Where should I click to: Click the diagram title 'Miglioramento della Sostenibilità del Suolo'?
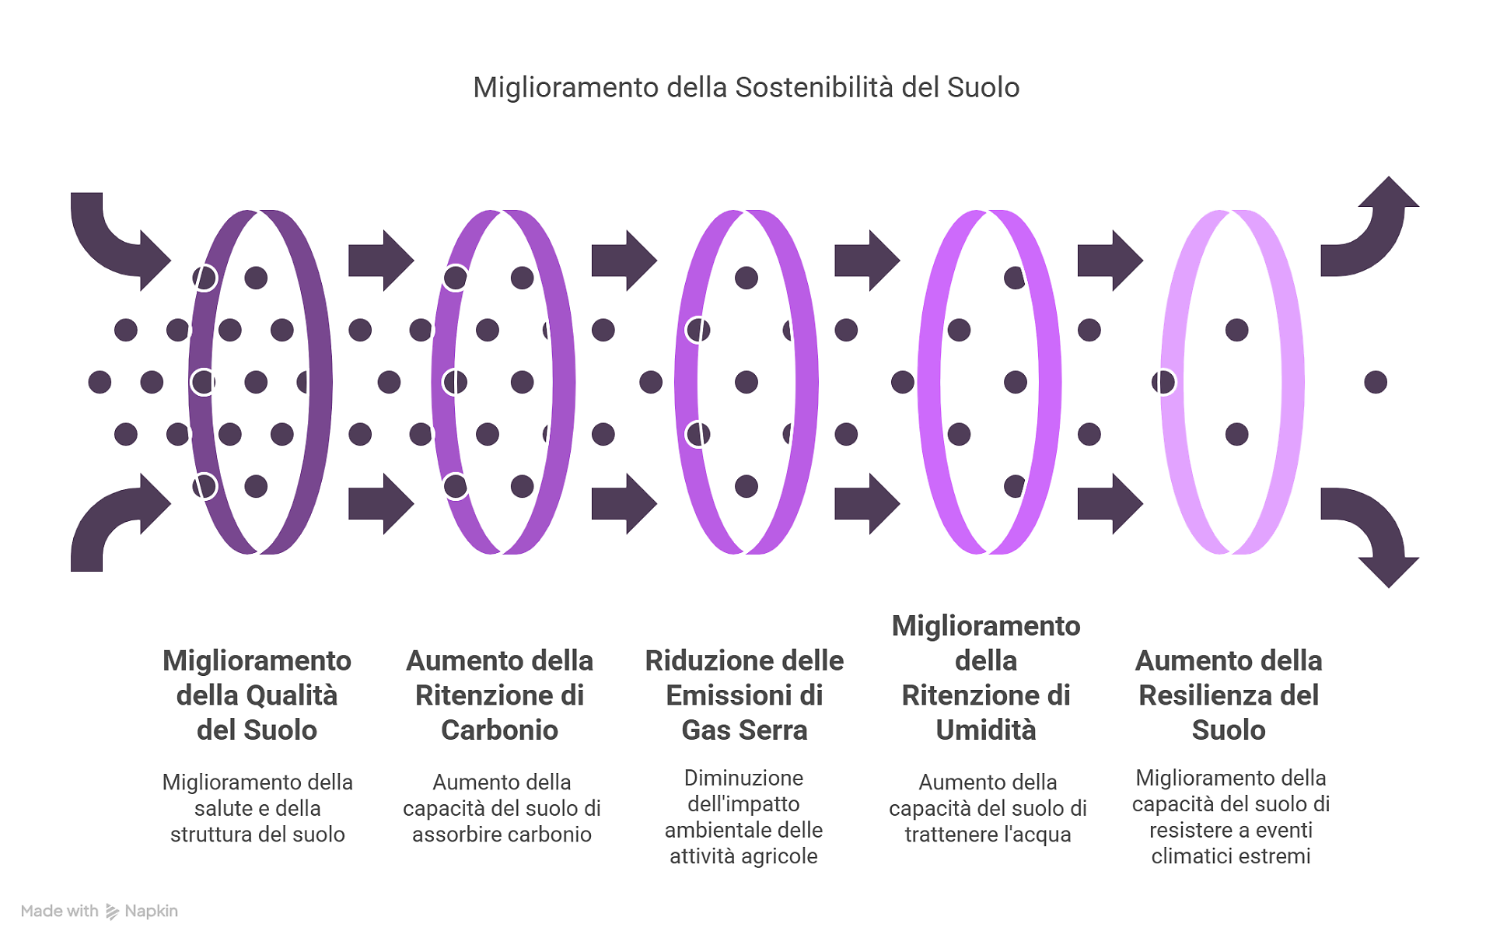click(x=746, y=87)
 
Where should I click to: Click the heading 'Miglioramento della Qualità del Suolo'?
click(x=257, y=695)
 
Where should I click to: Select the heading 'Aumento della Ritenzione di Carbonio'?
click(x=499, y=695)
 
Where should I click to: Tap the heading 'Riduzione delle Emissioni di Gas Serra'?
click(x=744, y=695)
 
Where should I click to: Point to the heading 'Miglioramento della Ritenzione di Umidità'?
click(x=986, y=677)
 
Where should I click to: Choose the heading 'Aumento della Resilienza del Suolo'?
click(x=1229, y=695)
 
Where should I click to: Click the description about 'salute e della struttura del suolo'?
click(x=257, y=808)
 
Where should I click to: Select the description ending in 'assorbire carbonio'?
click(x=502, y=808)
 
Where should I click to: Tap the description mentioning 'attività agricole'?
click(x=743, y=817)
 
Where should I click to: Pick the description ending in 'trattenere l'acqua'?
click(x=988, y=808)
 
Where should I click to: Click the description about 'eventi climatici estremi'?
click(x=1231, y=817)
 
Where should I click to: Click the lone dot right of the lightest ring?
click(x=1376, y=382)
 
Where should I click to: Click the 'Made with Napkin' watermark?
click(x=100, y=911)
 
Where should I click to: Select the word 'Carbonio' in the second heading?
click(x=499, y=730)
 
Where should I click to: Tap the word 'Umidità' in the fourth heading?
click(x=986, y=730)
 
